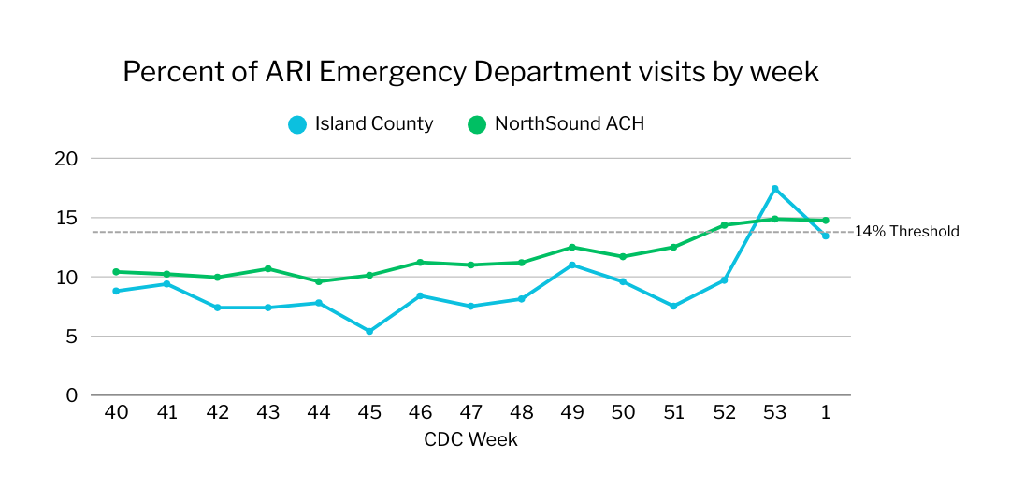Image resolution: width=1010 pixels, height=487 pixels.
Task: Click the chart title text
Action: [x=470, y=72]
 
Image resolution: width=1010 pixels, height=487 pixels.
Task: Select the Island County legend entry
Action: [x=361, y=123]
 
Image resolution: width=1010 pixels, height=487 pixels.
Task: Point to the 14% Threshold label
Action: [x=906, y=232]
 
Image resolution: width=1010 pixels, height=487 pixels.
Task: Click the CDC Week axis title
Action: [x=470, y=439]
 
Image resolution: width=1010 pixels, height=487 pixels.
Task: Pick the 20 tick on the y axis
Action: [x=65, y=159]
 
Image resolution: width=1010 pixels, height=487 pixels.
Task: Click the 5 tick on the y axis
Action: [x=71, y=337]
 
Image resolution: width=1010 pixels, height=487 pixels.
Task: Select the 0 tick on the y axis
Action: [x=71, y=395]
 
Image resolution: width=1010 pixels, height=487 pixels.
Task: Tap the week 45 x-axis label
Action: [x=369, y=413]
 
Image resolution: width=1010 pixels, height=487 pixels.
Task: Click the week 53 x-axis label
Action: [x=774, y=413]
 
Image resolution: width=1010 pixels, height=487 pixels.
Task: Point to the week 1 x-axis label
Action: [x=825, y=413]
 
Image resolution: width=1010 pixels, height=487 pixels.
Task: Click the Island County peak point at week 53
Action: [x=774, y=189]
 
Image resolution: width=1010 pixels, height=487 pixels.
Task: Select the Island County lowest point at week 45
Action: [x=369, y=331]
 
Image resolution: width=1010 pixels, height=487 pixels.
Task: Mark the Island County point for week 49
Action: [x=571, y=265]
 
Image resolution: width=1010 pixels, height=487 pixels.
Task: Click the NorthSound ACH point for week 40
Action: [x=116, y=272]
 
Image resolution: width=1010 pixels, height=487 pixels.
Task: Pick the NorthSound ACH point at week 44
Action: [x=319, y=281]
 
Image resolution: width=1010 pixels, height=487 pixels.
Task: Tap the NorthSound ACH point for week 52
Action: [x=724, y=225]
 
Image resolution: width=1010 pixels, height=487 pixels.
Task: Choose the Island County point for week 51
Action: [x=673, y=306]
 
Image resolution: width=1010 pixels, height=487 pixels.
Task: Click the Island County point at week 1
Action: [x=825, y=236]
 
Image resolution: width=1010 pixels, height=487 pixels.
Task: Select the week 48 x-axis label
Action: [x=521, y=413]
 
